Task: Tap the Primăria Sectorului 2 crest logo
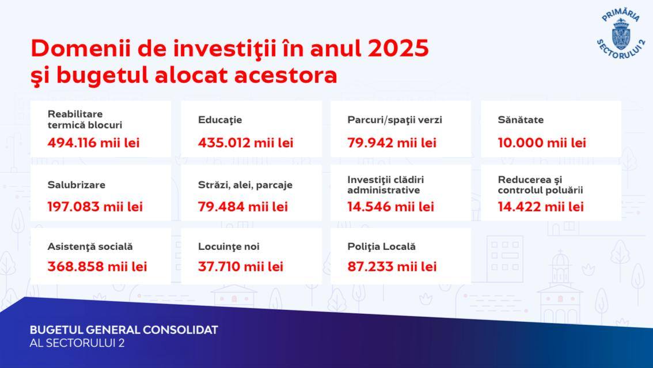(x=621, y=33)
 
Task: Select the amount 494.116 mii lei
(x=93, y=143)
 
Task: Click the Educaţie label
(x=220, y=120)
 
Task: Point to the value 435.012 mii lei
(x=246, y=143)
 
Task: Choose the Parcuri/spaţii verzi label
(x=395, y=120)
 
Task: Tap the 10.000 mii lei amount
(x=542, y=143)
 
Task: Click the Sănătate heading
(x=521, y=120)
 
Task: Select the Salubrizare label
(x=76, y=185)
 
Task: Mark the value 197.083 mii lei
(x=95, y=207)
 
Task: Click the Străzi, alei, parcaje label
(x=245, y=185)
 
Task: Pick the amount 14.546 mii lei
(x=390, y=207)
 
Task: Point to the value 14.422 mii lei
(x=541, y=207)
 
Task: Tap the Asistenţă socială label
(x=90, y=247)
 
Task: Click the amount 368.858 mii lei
(x=97, y=267)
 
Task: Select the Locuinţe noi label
(x=229, y=247)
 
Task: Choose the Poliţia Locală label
(x=381, y=247)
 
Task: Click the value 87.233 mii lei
(x=392, y=267)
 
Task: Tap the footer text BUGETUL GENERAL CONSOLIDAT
(x=124, y=330)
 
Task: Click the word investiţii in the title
(x=225, y=49)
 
